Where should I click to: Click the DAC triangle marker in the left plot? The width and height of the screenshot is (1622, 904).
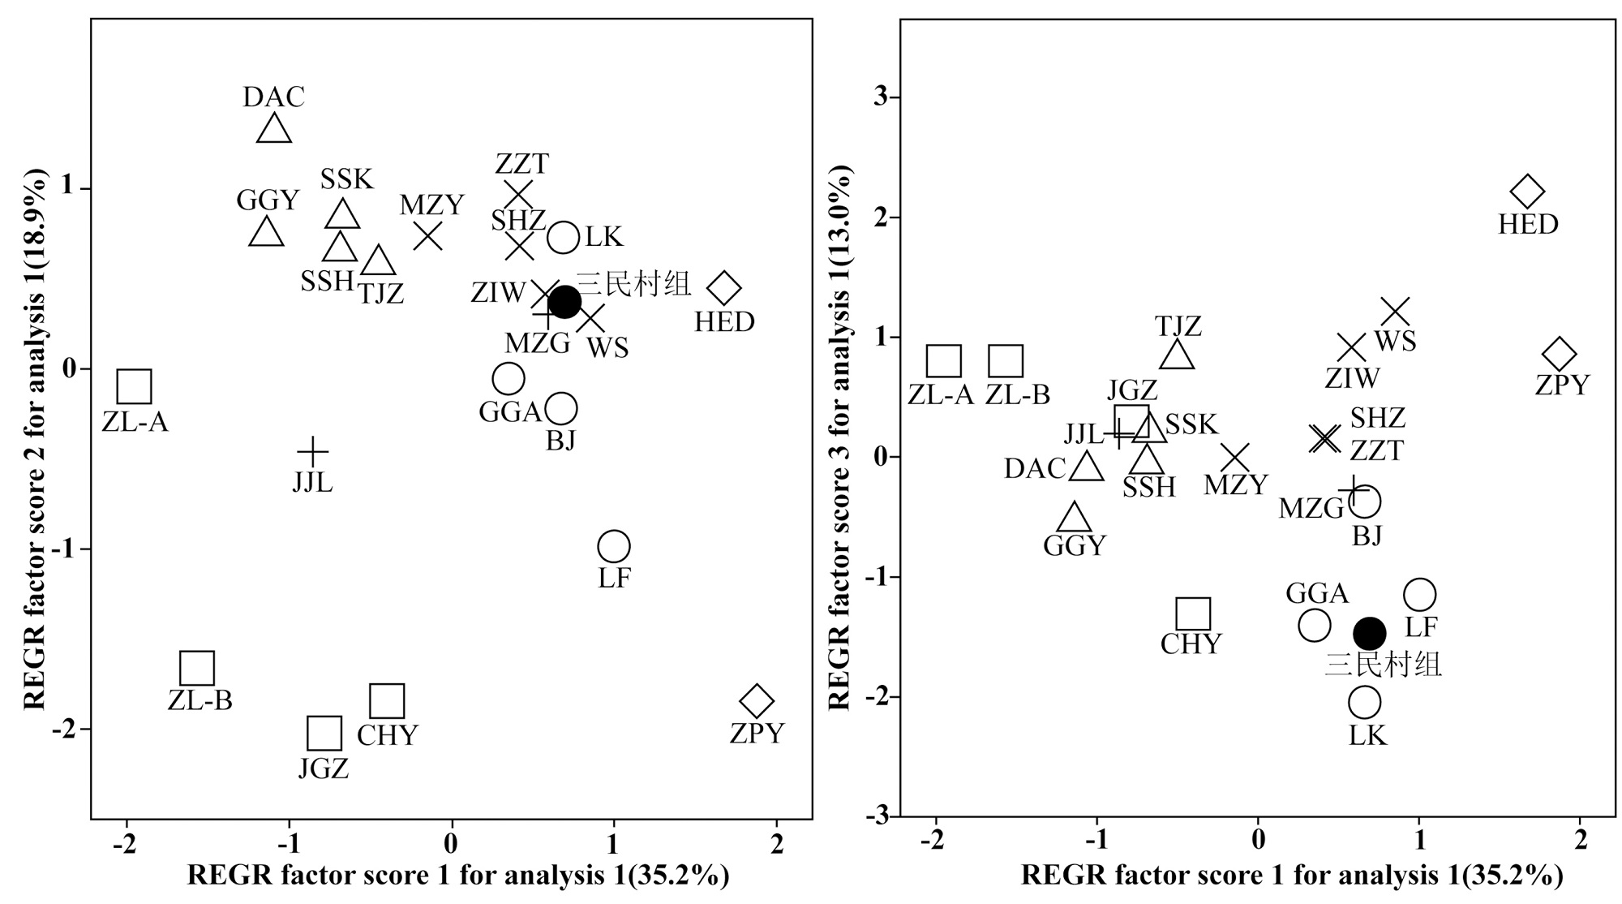pyautogui.click(x=274, y=129)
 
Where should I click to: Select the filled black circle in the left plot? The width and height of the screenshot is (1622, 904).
pyautogui.click(x=564, y=302)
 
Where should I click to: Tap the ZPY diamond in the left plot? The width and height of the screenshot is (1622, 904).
pyautogui.click(x=757, y=700)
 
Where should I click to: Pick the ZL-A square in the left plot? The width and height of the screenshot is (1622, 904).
pyautogui.click(x=134, y=387)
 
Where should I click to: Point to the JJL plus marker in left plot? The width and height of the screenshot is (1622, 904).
pyautogui.click(x=312, y=451)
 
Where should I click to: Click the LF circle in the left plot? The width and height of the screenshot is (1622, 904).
pyautogui.click(x=613, y=546)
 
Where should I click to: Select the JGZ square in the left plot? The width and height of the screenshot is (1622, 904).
pyautogui.click(x=324, y=734)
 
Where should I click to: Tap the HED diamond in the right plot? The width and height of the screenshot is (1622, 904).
pyautogui.click(x=1528, y=192)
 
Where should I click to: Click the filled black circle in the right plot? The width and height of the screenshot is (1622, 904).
pyautogui.click(x=1370, y=633)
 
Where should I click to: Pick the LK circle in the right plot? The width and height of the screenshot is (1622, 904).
pyautogui.click(x=1364, y=702)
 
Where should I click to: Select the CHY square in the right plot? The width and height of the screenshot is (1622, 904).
pyautogui.click(x=1193, y=614)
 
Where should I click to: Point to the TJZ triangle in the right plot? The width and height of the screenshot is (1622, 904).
pyautogui.click(x=1178, y=355)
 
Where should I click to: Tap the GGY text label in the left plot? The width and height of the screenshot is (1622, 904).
pyautogui.click(x=268, y=200)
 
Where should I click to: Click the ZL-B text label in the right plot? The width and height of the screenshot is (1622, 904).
pyautogui.click(x=1018, y=395)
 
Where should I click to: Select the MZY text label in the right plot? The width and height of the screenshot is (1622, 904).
pyautogui.click(x=1235, y=485)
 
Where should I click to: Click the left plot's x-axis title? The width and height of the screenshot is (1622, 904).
pyautogui.click(x=458, y=876)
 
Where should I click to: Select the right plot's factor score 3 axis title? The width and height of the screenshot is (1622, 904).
pyautogui.click(x=840, y=438)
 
